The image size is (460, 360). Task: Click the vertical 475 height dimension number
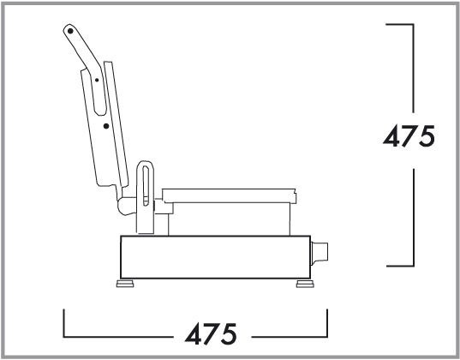(x=409, y=135)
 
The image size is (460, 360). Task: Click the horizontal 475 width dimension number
(x=211, y=333)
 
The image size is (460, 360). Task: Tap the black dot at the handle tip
(x=70, y=31)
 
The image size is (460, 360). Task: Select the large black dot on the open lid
(x=106, y=126)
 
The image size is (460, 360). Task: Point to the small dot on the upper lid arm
(x=97, y=81)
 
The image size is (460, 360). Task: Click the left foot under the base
(x=125, y=284)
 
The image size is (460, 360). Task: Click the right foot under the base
(x=305, y=284)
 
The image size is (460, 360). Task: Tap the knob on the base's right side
(x=320, y=254)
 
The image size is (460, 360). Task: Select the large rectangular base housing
(x=215, y=257)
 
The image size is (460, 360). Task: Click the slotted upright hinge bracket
(x=145, y=197)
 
